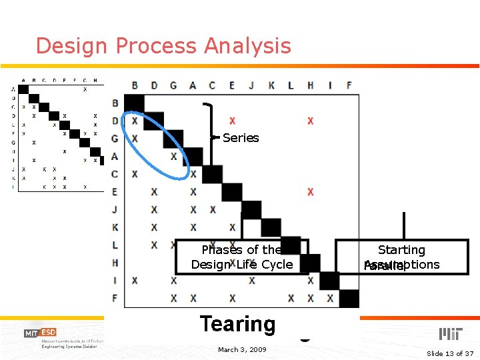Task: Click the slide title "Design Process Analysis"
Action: (163, 46)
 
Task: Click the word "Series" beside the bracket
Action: (241, 138)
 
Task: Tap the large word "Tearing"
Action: (237, 325)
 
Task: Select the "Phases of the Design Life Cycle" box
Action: (241, 257)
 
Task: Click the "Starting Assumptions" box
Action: (401, 257)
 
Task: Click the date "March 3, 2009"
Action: (242, 349)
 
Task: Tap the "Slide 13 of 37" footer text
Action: (449, 353)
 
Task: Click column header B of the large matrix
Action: (135, 85)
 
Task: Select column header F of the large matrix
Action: (349, 85)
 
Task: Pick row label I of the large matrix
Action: (115, 281)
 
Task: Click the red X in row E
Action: (310, 192)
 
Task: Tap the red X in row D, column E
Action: (232, 121)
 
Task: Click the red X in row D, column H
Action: (310, 121)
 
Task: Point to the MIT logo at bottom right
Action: (451, 333)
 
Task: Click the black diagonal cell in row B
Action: (135, 103)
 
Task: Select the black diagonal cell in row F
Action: (349, 298)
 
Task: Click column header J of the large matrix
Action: (251, 85)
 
